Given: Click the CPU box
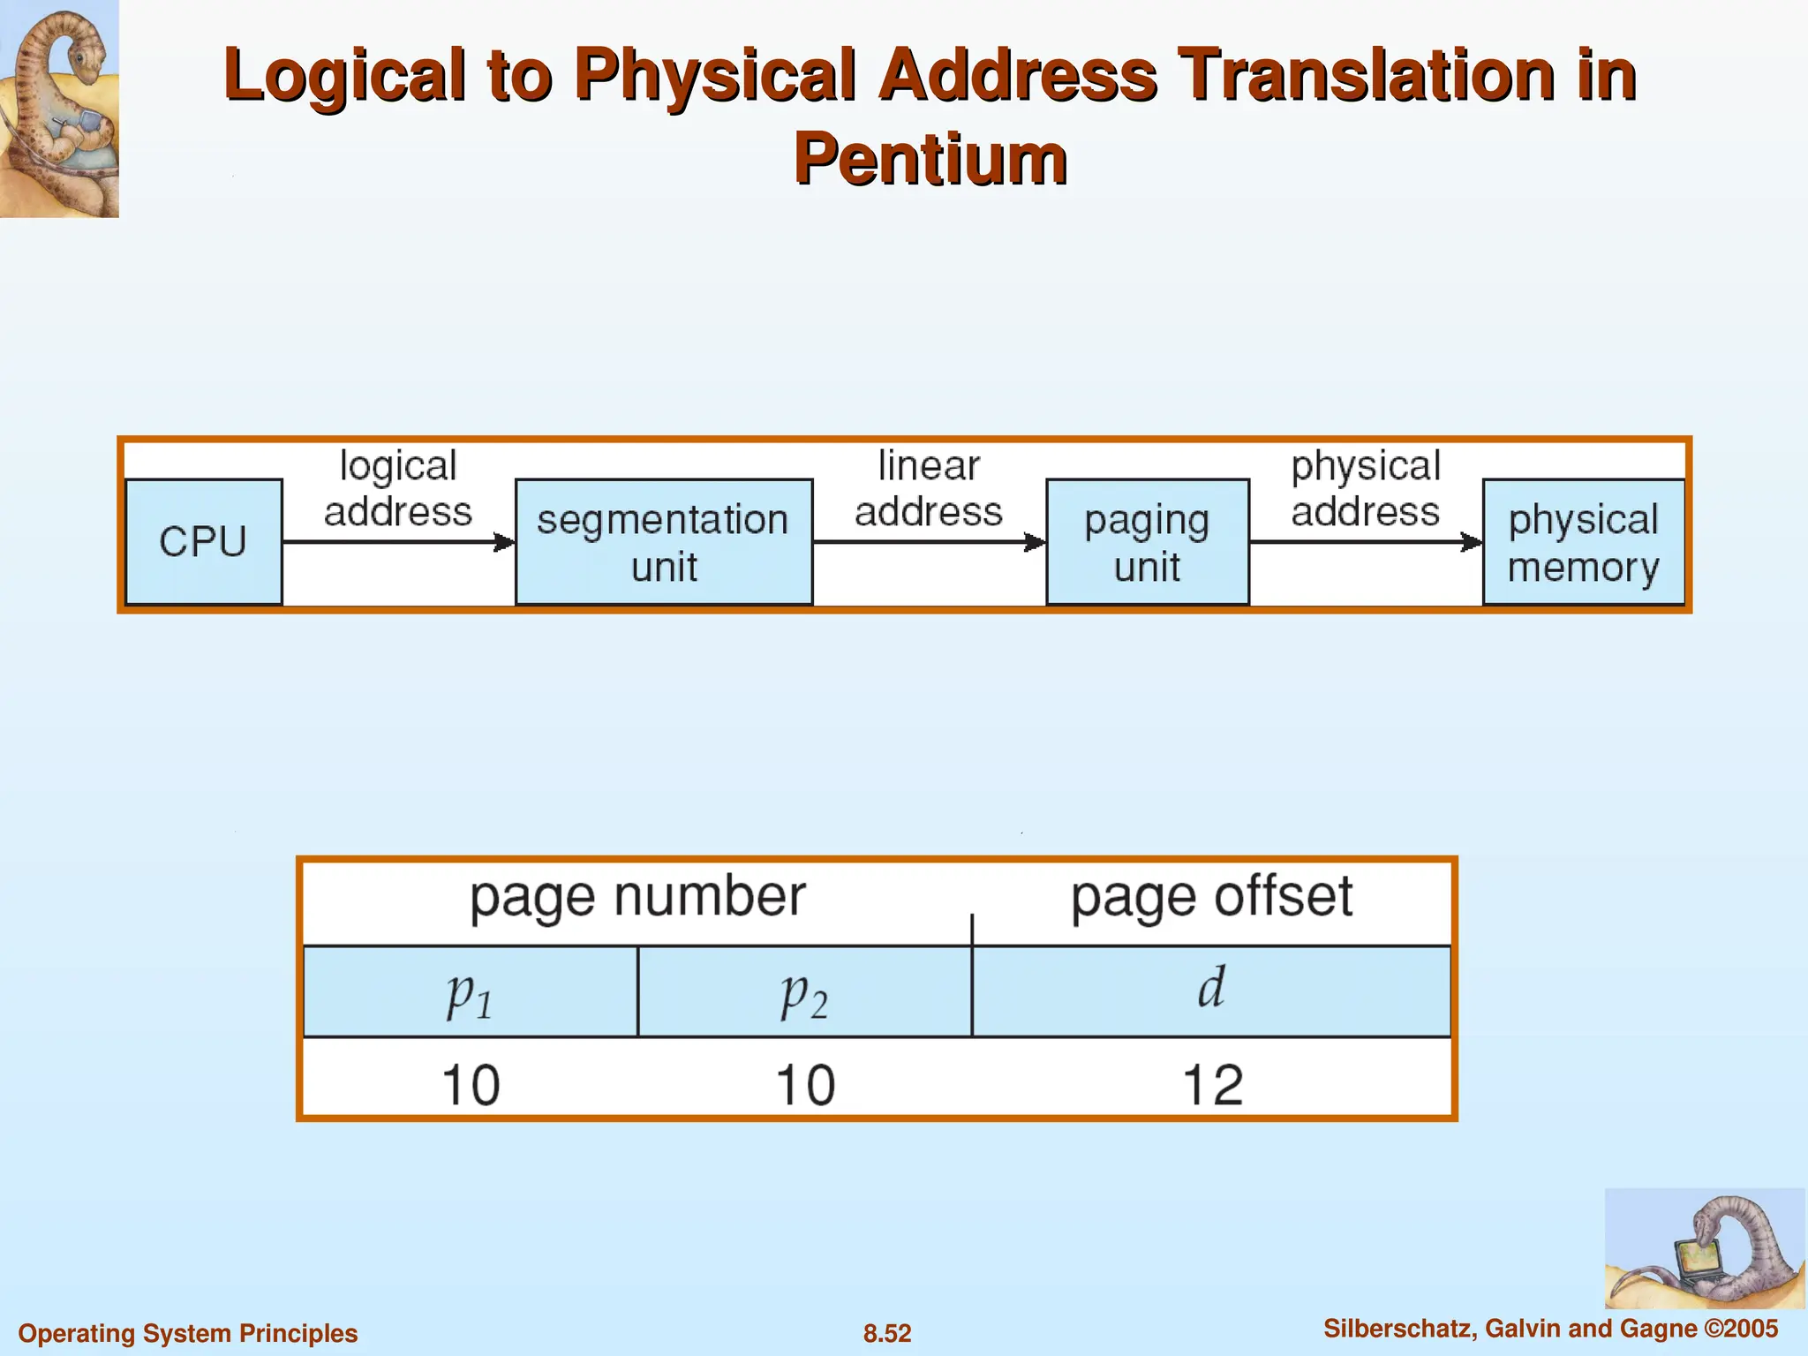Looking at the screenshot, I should coord(204,541).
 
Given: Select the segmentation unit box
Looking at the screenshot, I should coord(663,542).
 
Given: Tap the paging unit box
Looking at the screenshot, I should coord(1147,542).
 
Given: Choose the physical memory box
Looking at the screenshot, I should coord(1583,542).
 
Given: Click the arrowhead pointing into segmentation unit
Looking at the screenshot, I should coord(505,542).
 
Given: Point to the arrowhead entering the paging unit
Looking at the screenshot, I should coord(1036,542).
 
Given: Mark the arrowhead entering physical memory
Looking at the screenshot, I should coord(1472,542).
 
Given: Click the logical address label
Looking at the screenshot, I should coord(398,488).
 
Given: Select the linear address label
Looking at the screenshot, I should coord(928,488).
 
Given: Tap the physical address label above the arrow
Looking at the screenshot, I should coord(1365,488).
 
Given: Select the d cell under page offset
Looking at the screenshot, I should coord(1210,990).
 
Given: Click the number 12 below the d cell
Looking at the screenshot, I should coord(1212,1085).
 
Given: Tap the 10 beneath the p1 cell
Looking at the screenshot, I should coord(471,1085).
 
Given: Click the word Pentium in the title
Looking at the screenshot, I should coord(930,159).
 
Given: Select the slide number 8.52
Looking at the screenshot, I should coord(887,1333).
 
